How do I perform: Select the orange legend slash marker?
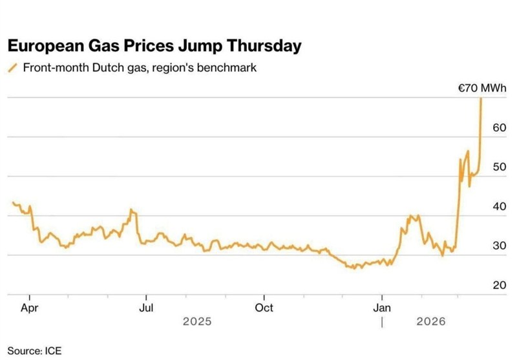pyautogui.click(x=12, y=67)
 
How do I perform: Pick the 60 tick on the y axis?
pyautogui.click(x=499, y=128)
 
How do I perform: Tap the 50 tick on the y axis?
pyautogui.click(x=499, y=167)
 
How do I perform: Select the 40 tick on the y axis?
pyautogui.click(x=499, y=207)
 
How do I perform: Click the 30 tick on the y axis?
pyautogui.click(x=499, y=246)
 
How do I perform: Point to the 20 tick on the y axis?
pyautogui.click(x=499, y=286)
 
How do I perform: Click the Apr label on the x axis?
pyautogui.click(x=29, y=308)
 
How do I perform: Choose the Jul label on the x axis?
pyautogui.click(x=147, y=308)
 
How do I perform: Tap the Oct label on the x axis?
pyautogui.click(x=264, y=308)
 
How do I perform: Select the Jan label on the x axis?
pyautogui.click(x=382, y=308)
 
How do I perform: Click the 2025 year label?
pyautogui.click(x=197, y=321)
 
